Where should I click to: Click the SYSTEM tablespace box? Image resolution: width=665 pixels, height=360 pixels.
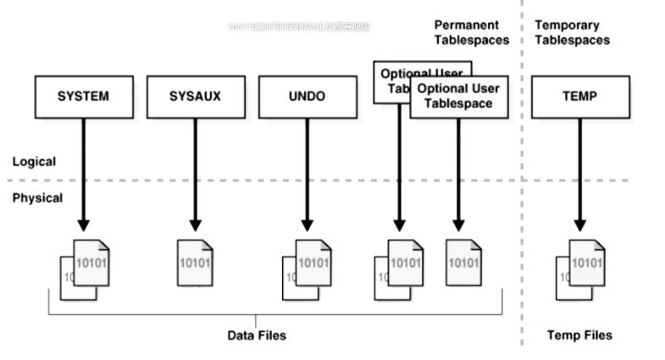(83, 96)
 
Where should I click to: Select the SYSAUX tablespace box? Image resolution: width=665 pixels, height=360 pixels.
(195, 96)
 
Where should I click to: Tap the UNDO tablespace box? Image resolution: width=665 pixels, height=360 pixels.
(307, 96)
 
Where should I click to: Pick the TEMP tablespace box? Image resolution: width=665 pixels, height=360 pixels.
(580, 96)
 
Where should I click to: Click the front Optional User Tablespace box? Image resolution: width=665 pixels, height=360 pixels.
(457, 96)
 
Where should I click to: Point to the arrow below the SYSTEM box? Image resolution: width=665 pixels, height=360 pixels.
(83, 174)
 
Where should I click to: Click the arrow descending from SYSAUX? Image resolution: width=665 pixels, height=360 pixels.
(195, 174)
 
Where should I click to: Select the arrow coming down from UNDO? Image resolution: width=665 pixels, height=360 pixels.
(307, 174)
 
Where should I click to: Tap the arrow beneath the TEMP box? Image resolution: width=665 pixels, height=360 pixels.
(580, 174)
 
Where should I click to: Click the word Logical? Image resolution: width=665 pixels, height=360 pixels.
(34, 161)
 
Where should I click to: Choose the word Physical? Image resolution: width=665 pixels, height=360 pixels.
(37, 198)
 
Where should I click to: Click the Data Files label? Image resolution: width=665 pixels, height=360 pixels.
(257, 335)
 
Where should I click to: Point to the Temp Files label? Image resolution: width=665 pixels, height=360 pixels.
(579, 335)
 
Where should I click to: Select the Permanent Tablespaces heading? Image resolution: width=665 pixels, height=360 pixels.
(472, 32)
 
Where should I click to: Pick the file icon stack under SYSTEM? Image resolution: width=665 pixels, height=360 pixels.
(84, 267)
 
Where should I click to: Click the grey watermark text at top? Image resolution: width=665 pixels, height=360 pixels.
(298, 27)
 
